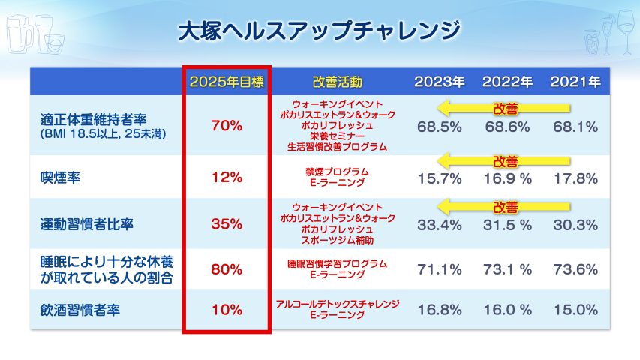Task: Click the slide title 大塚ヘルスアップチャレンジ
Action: pyautogui.click(x=319, y=31)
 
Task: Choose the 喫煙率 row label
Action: pyautogui.click(x=60, y=178)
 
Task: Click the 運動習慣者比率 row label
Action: pyautogui.click(x=88, y=223)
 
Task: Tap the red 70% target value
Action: pyautogui.click(x=226, y=126)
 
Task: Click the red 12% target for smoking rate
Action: pyautogui.click(x=226, y=178)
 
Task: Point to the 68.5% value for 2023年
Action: pyautogui.click(x=440, y=127)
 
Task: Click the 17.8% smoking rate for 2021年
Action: pyautogui.click(x=575, y=178)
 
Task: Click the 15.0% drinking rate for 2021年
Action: pyautogui.click(x=575, y=309)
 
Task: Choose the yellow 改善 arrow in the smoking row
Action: pyautogui.click(x=504, y=160)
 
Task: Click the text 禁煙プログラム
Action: pyautogui.click(x=337, y=172)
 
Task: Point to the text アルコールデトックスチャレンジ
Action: pyautogui.click(x=337, y=304)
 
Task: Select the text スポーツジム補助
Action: pyautogui.click(x=337, y=240)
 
